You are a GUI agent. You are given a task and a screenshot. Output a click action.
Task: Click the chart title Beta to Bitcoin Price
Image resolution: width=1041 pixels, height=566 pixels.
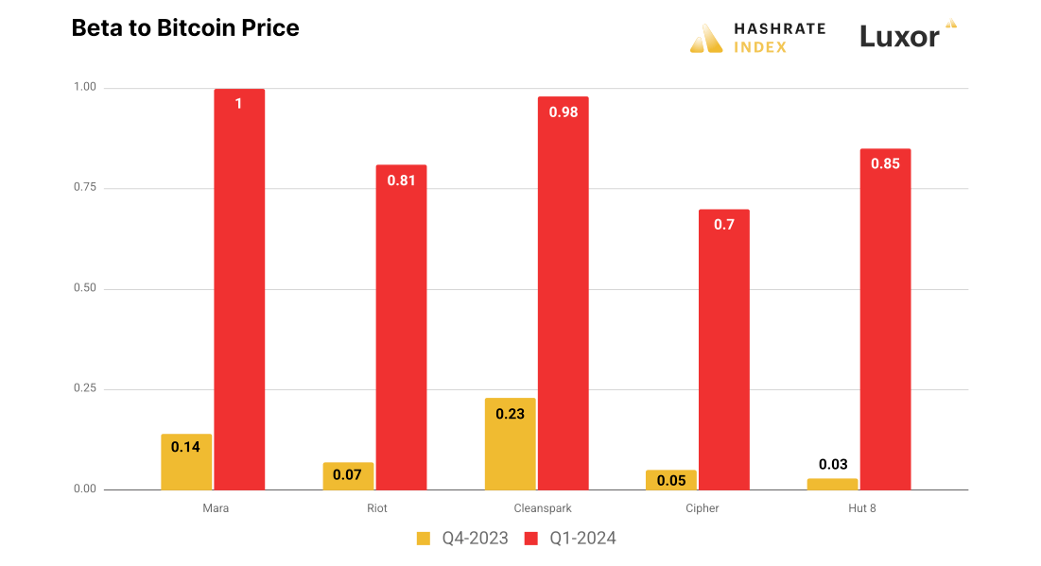tap(185, 28)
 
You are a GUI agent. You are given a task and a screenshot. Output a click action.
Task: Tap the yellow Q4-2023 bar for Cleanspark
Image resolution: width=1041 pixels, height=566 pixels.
tap(511, 444)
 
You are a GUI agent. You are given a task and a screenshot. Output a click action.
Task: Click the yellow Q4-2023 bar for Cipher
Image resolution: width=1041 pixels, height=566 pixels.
tap(671, 480)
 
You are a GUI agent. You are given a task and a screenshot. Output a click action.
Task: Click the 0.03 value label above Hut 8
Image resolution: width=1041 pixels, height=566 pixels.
tap(833, 464)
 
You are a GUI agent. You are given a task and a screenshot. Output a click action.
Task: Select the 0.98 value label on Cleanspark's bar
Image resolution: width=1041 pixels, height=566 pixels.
tap(564, 111)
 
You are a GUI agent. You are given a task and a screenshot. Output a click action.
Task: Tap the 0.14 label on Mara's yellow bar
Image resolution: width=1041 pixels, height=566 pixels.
tap(185, 447)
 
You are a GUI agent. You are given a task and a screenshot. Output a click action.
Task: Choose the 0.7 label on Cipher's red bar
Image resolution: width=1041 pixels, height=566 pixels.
tap(724, 225)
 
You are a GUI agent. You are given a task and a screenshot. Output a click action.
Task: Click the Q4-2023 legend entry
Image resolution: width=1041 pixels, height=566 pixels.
tap(462, 539)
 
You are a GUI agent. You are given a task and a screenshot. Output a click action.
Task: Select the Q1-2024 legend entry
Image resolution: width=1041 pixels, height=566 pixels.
tap(570, 539)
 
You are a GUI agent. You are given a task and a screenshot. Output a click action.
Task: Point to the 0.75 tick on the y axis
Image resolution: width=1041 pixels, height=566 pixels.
tap(85, 188)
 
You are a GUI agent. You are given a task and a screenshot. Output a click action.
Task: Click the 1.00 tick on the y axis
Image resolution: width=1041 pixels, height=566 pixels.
tap(85, 88)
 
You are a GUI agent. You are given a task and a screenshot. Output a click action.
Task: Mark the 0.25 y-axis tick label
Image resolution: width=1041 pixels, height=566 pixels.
tap(85, 389)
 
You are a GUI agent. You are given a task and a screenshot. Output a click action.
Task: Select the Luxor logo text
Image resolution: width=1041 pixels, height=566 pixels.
tap(900, 37)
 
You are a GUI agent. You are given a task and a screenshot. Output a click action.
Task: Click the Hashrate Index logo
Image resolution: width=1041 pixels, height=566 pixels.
tap(757, 38)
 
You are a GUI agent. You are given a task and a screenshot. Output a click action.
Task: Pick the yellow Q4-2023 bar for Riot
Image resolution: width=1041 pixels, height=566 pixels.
tap(348, 476)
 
